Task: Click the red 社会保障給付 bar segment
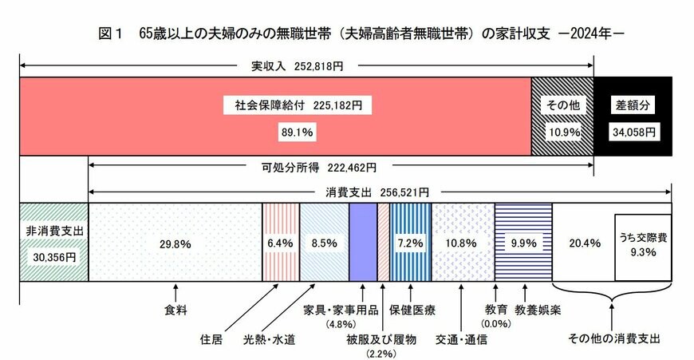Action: (275, 116)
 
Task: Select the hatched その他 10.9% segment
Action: (562, 116)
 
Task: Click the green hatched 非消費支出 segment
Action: (53, 242)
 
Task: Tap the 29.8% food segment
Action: (175, 242)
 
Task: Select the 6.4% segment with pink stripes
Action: (281, 242)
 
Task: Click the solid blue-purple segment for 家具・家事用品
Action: (363, 242)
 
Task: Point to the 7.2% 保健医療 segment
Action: (410, 242)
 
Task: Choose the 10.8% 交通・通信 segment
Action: (463, 242)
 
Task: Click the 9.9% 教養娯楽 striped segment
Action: (522, 242)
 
